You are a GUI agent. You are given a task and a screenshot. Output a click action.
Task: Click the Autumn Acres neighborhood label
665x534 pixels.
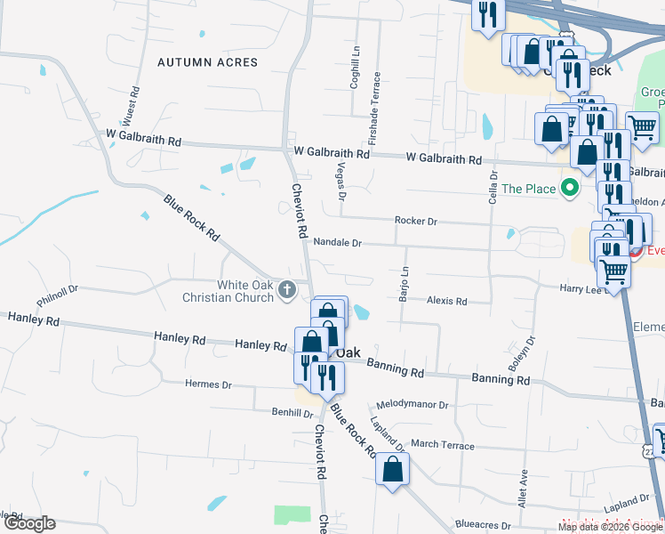click(207, 62)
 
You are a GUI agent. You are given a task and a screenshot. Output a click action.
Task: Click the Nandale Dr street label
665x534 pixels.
click(338, 242)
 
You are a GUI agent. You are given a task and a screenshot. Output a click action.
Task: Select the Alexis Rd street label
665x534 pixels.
click(446, 302)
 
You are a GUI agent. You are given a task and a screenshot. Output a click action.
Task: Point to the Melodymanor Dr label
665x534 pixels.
click(413, 405)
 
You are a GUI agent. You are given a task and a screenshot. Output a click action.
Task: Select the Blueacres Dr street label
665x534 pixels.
click(483, 525)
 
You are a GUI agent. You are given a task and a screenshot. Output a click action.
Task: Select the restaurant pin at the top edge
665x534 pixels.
click(487, 16)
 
